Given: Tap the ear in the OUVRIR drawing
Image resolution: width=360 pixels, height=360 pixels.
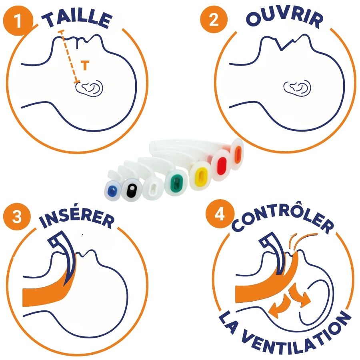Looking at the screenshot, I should tap(297, 88).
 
